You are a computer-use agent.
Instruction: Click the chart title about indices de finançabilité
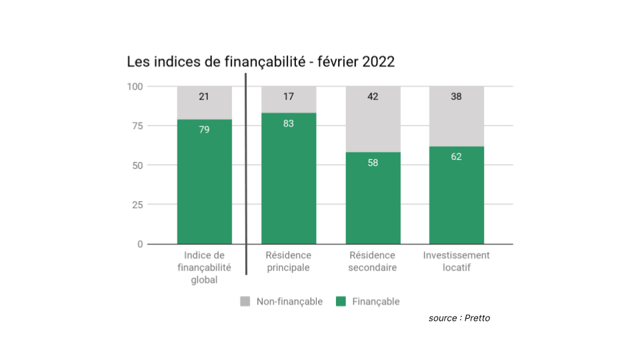261,62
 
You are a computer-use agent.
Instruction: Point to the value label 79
204,129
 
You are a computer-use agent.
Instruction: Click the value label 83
289,123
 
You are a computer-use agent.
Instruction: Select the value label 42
373,97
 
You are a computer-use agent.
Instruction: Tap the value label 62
457,157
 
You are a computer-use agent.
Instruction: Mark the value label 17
289,97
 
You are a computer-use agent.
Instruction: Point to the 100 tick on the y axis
135,86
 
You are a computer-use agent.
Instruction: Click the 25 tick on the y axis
137,205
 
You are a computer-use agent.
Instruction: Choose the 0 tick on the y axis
140,244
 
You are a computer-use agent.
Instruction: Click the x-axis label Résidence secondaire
373,261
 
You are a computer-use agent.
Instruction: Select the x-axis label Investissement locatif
457,261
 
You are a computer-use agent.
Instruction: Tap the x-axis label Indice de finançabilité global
204,267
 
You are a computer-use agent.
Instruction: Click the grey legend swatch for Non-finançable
245,301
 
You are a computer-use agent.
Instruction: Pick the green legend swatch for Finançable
341,301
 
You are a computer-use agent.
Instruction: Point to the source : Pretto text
459,318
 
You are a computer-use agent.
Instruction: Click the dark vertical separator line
246,173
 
